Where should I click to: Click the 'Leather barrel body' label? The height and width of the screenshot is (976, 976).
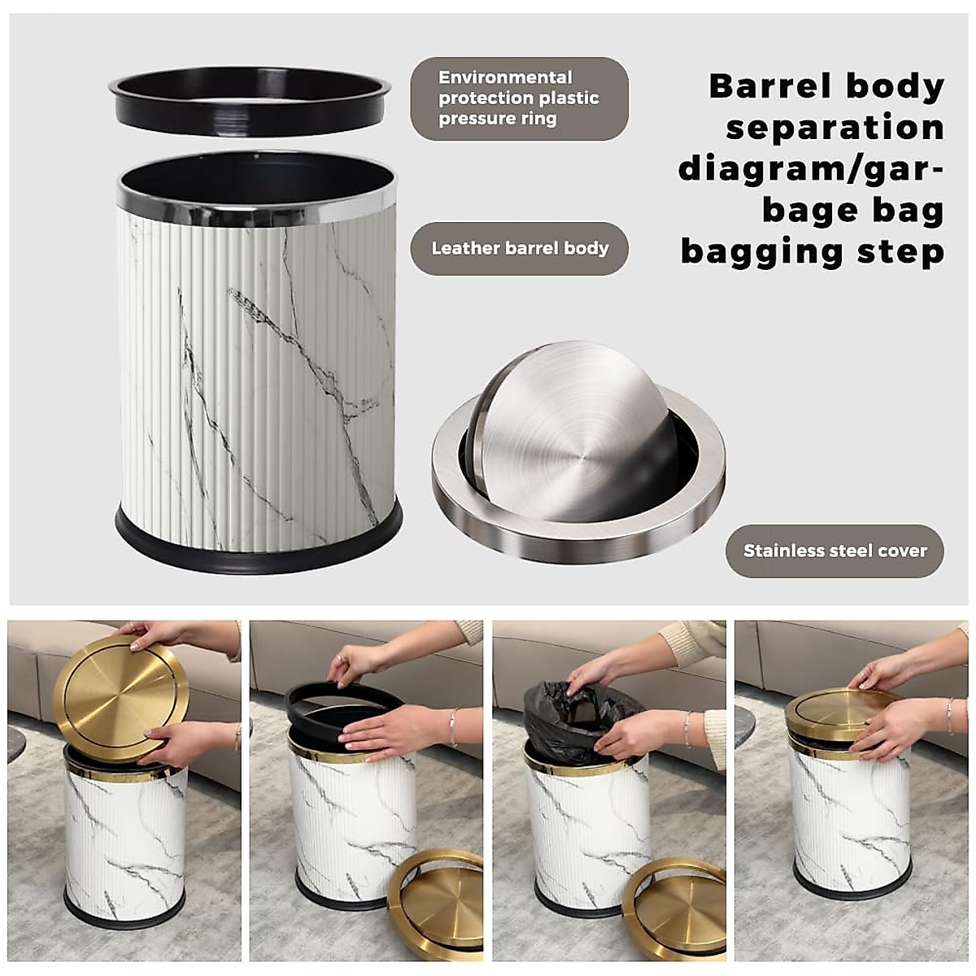coord(519,249)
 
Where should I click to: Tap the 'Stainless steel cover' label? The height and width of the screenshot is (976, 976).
coord(834,551)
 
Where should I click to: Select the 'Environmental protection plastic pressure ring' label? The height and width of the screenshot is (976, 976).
coord(519,98)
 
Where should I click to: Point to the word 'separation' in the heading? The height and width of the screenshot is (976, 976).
coord(834,128)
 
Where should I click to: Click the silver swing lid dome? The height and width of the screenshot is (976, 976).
coord(573,431)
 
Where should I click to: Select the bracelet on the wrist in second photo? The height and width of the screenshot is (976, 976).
coord(453,726)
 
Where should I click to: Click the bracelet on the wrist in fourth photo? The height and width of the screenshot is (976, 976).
coord(949,716)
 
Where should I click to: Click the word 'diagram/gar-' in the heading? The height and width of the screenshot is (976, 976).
coord(811,169)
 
